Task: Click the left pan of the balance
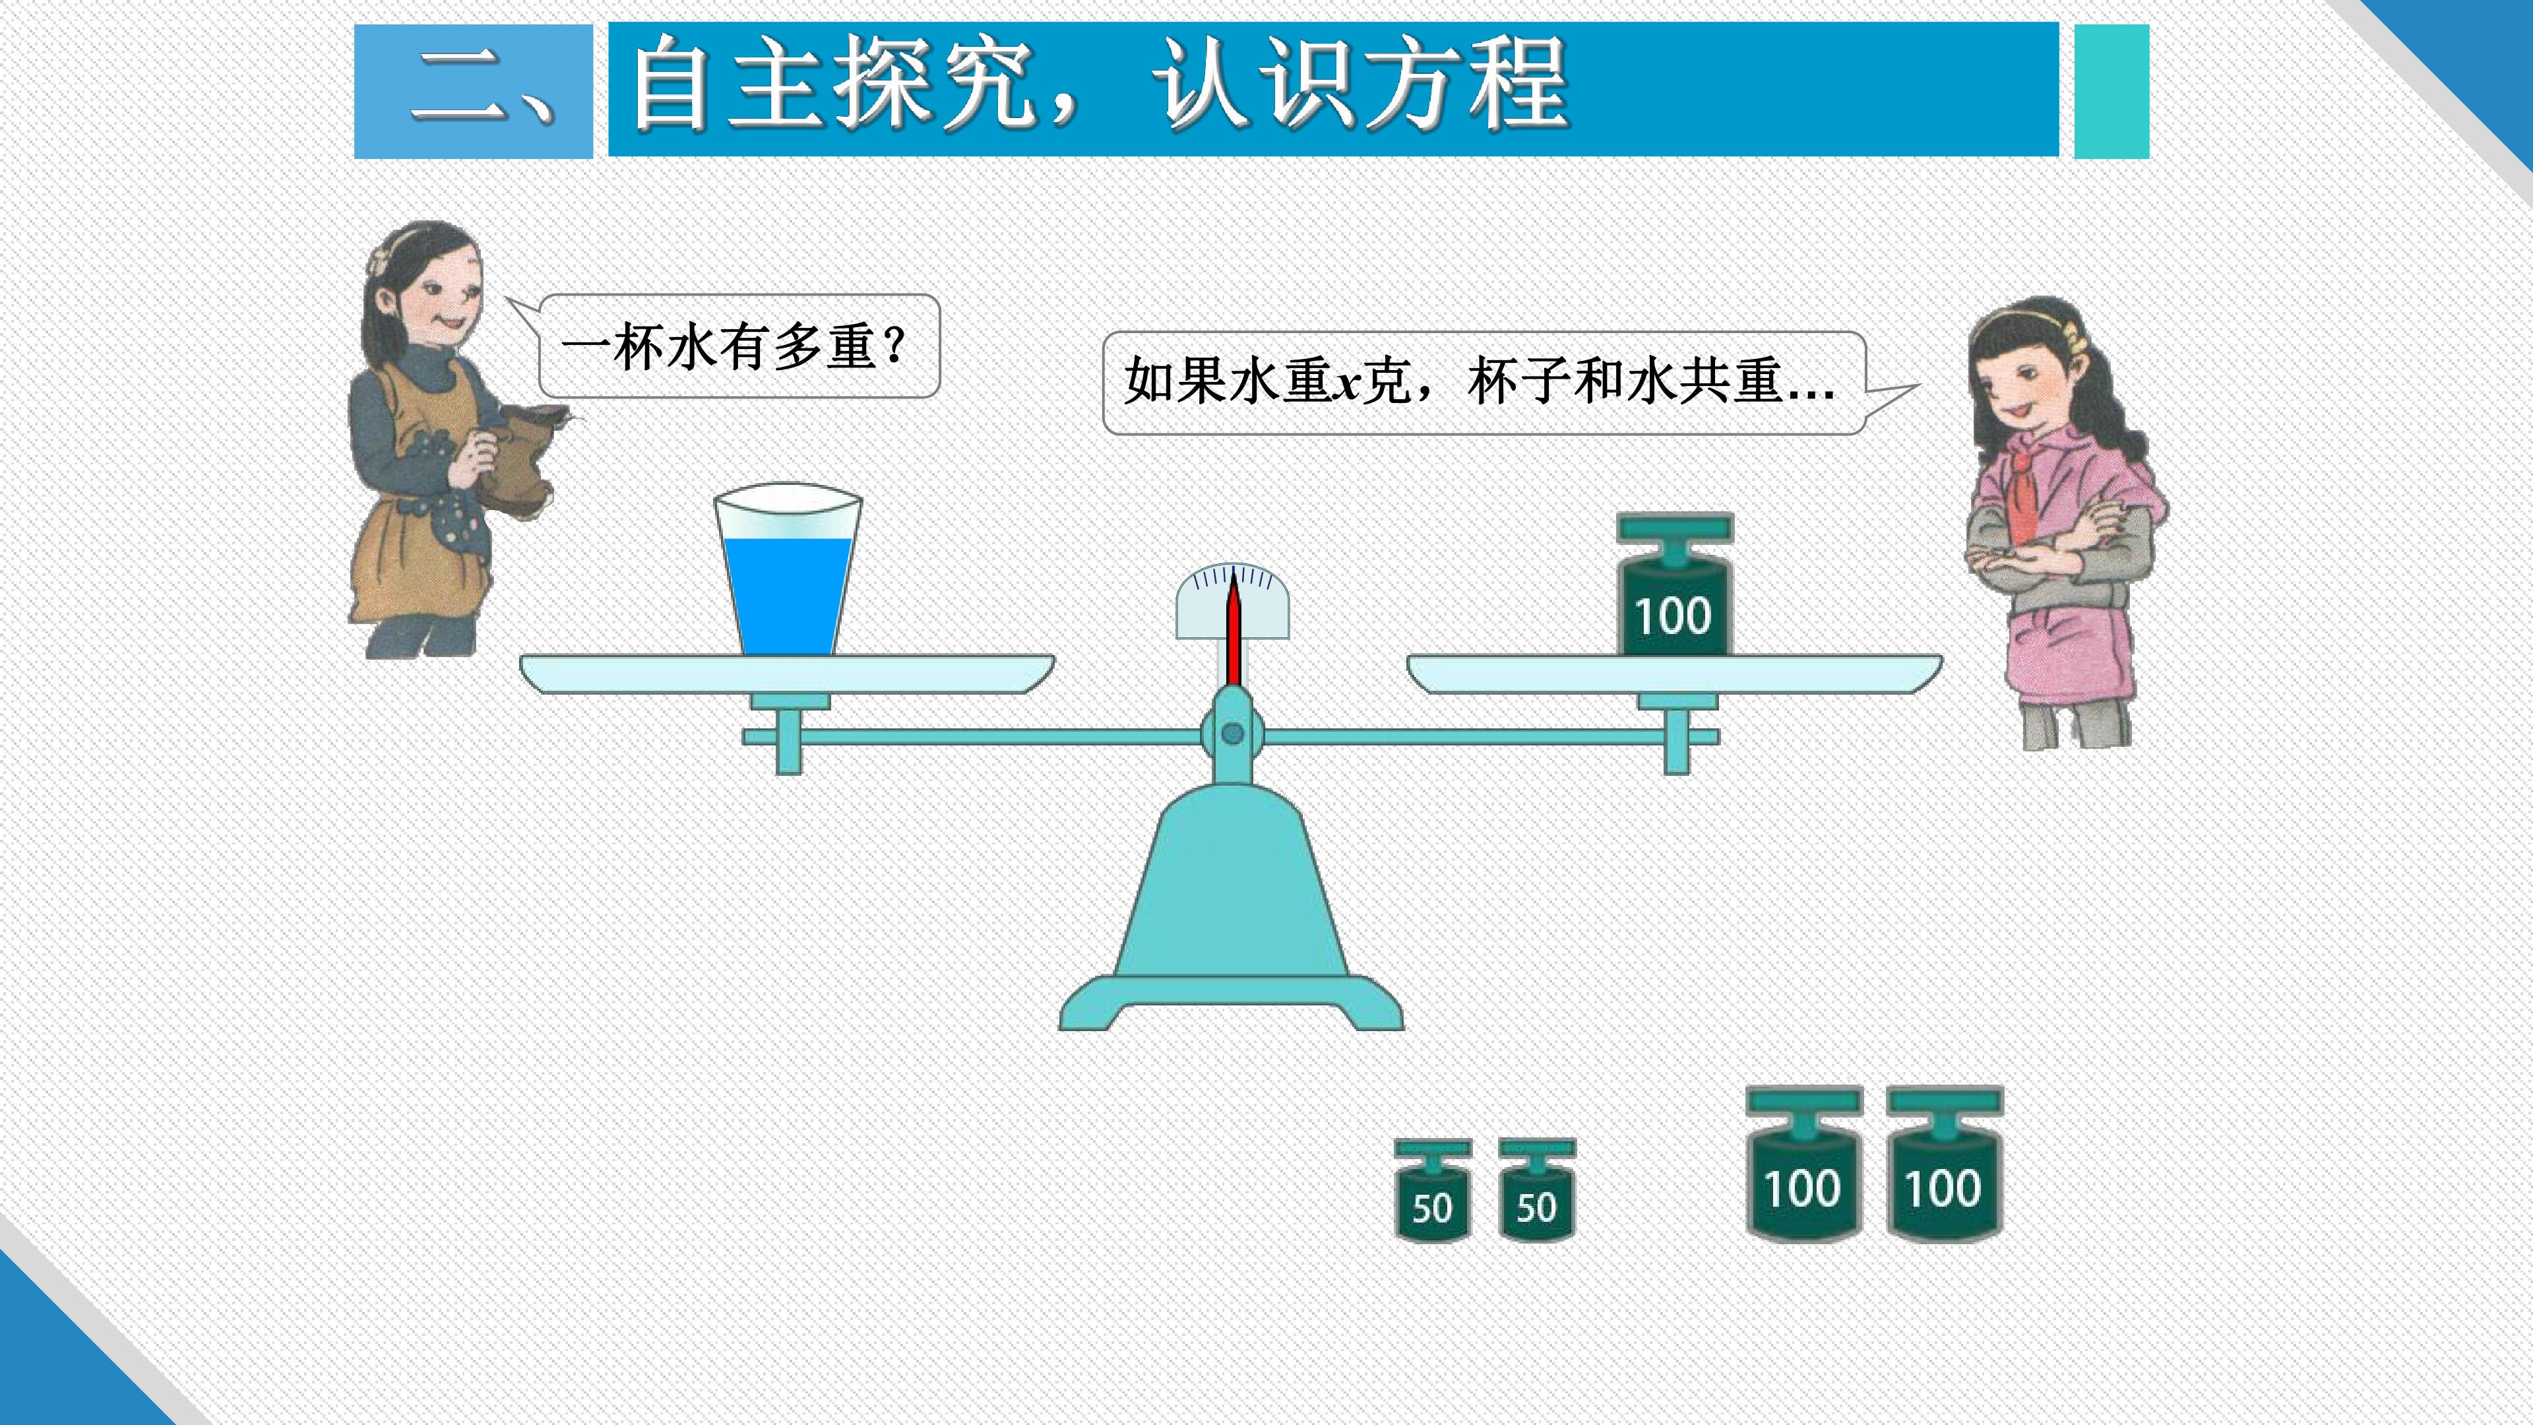click(787, 674)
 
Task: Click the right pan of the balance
click(1675, 674)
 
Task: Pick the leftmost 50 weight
click(1433, 1190)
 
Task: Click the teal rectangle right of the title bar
click(2111, 92)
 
